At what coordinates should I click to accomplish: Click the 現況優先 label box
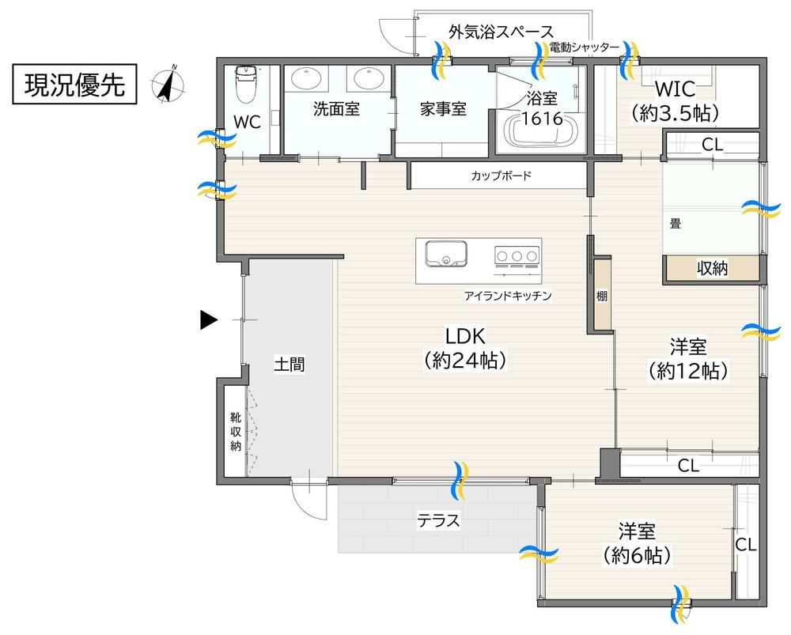click(74, 85)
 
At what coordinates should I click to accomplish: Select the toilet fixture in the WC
click(247, 83)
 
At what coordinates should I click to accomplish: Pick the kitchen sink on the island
click(446, 253)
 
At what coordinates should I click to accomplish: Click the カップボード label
click(501, 176)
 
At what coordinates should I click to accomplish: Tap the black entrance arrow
click(208, 319)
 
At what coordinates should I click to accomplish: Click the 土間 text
click(290, 364)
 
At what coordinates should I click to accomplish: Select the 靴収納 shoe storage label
click(236, 431)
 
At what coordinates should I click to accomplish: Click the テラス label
click(438, 520)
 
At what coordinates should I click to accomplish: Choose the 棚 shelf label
click(601, 296)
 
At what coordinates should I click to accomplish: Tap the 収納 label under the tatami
click(713, 268)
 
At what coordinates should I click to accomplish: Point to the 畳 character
click(676, 223)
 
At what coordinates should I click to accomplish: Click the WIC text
click(675, 89)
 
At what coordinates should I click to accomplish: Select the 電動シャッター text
click(585, 47)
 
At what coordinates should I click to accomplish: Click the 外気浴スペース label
click(501, 32)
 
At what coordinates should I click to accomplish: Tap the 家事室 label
click(444, 109)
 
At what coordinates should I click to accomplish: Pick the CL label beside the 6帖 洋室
click(746, 545)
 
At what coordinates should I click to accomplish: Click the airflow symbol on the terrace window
click(461, 480)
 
